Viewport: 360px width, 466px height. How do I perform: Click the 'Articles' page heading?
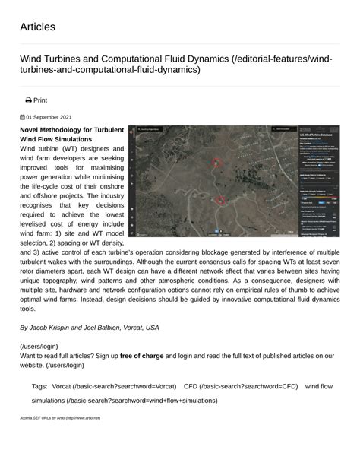tap(37, 27)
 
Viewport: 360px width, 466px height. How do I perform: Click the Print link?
tap(39, 100)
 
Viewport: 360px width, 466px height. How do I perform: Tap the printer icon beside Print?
tap(28, 100)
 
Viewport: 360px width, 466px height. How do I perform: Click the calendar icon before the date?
tap(22, 118)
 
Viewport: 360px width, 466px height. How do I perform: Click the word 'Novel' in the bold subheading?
tap(33, 130)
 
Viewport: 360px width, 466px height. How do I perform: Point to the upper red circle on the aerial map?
tap(216, 163)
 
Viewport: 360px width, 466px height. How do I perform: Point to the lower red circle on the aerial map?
tap(221, 201)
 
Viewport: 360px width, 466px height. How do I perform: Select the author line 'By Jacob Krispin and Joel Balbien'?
tap(89, 327)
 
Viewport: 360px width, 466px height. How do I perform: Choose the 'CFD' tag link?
tap(191, 386)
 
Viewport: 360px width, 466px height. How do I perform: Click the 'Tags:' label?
tap(39, 386)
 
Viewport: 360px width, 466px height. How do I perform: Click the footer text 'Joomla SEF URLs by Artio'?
tap(43, 418)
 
